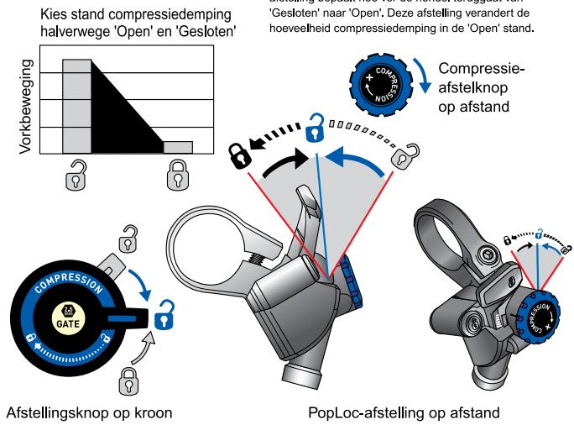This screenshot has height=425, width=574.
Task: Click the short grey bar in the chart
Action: point(178,147)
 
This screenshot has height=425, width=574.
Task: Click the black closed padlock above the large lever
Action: point(241,154)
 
